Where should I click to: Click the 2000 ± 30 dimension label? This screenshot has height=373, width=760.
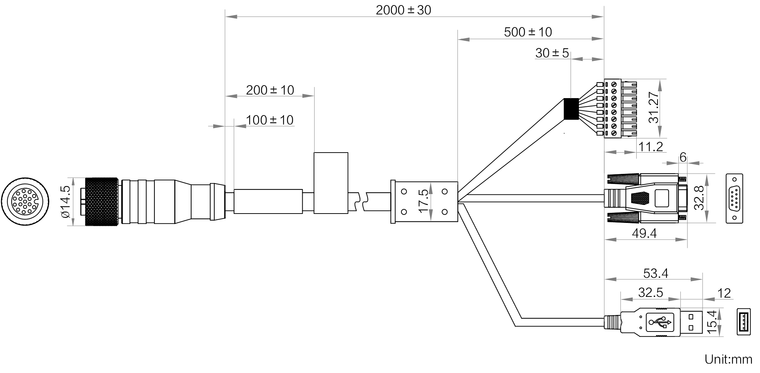403,10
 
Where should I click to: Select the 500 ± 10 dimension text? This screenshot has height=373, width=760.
528,32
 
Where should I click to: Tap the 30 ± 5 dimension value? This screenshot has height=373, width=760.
552,53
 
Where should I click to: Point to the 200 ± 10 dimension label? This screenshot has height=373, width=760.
270,90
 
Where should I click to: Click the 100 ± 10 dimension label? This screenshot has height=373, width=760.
269,120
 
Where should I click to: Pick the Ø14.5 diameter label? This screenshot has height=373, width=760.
65,202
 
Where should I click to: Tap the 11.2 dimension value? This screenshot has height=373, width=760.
651,146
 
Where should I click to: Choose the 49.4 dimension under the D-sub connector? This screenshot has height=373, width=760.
644,234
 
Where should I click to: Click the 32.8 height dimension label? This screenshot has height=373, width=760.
699,198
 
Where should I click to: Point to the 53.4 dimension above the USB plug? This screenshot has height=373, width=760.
655,273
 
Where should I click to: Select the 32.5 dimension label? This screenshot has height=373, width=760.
650,293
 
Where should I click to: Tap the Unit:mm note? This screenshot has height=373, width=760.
728,359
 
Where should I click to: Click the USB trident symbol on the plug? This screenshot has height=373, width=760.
660,322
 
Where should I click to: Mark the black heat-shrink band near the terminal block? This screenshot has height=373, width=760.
571,109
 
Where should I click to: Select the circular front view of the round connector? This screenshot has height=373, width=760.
25,202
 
